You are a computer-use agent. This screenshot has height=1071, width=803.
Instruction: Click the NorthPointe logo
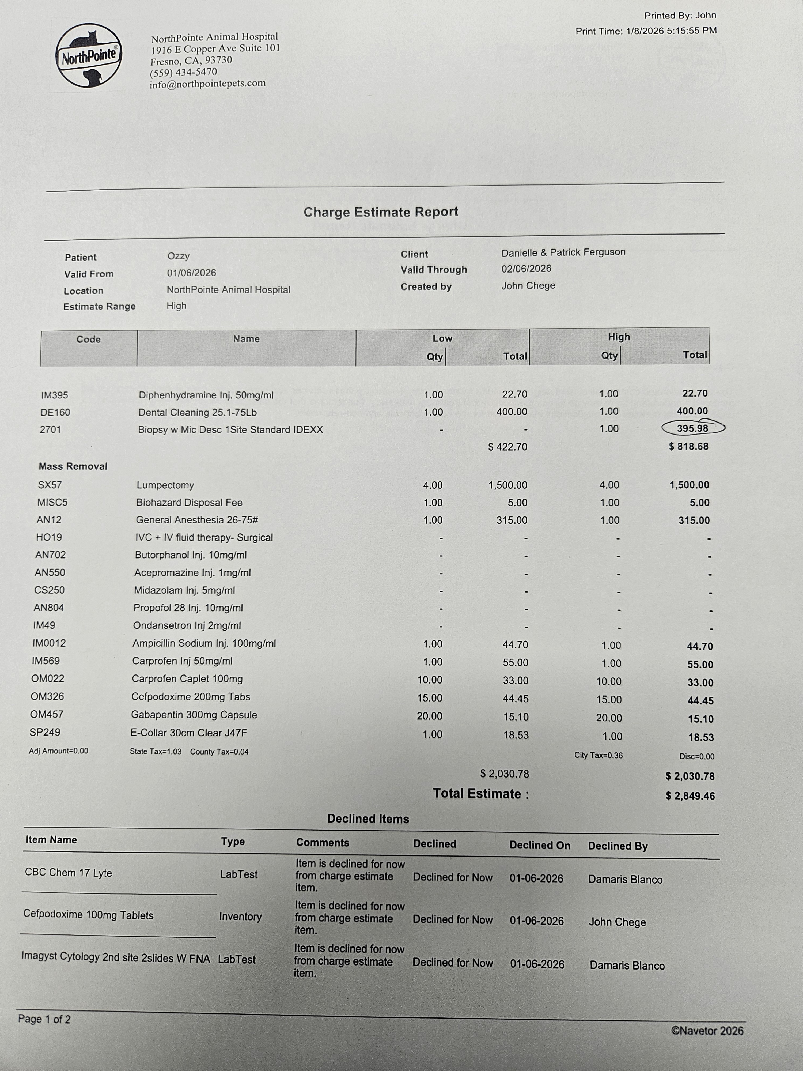(x=89, y=56)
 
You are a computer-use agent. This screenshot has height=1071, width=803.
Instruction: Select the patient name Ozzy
(x=178, y=256)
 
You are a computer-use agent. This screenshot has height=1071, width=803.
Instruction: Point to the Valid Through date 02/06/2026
(x=526, y=269)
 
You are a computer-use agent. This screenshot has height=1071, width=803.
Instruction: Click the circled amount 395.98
(x=692, y=428)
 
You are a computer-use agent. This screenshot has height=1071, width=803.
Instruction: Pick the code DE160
(x=55, y=413)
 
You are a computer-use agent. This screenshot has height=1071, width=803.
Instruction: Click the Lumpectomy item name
(x=165, y=485)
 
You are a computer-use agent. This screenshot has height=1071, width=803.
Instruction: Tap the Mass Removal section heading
(x=73, y=466)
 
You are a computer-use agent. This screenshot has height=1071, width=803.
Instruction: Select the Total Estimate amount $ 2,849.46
(x=690, y=796)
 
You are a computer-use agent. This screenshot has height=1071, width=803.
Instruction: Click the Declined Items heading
(x=368, y=819)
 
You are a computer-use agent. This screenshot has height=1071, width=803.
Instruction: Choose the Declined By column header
(x=618, y=846)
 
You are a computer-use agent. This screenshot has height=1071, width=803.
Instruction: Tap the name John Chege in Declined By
(x=617, y=922)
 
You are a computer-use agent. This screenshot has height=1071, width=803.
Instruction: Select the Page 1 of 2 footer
(x=44, y=1019)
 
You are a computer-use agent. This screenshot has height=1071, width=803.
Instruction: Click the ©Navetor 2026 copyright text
(x=707, y=1031)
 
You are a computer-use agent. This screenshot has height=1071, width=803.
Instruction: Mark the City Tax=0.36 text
(x=598, y=755)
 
